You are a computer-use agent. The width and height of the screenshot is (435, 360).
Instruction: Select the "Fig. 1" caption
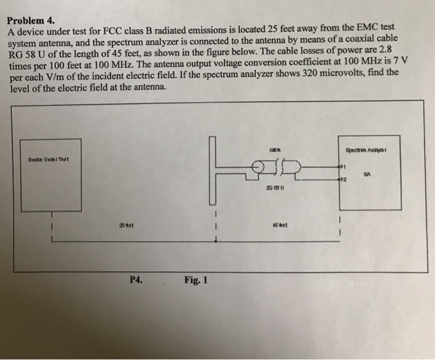point(196,280)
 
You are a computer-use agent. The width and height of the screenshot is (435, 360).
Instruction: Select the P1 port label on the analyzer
point(341,167)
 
